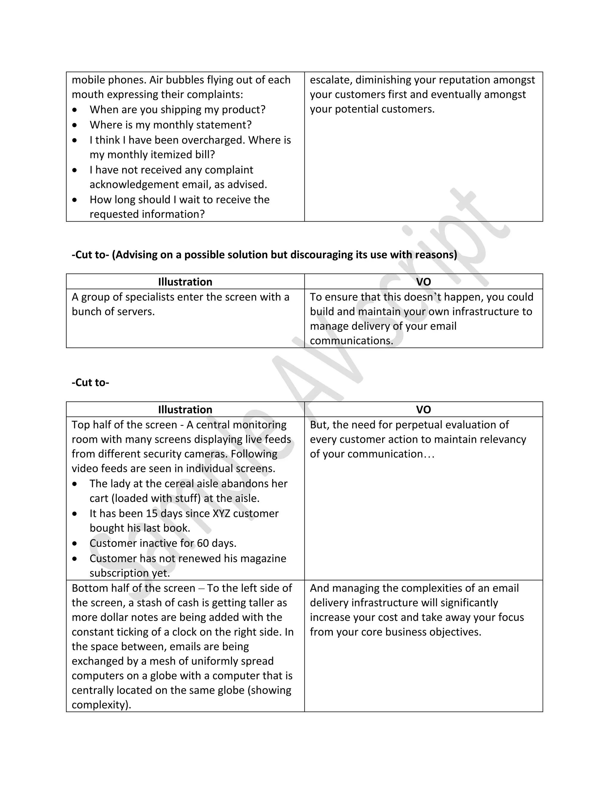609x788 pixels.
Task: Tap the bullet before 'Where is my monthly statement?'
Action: click(75, 125)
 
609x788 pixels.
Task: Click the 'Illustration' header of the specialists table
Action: click(185, 282)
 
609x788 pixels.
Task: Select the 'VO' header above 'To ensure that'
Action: click(423, 282)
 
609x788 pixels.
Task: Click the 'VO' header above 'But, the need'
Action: click(423, 409)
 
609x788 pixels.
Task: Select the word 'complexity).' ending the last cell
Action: click(101, 705)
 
